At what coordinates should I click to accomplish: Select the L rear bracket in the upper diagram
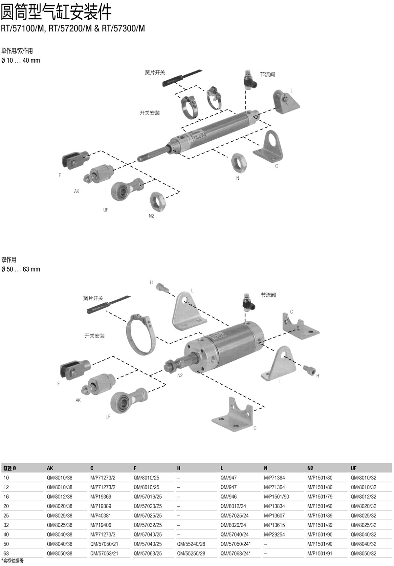click(x=286, y=102)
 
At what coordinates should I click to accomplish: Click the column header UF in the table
click(x=354, y=468)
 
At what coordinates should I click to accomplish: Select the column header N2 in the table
click(x=310, y=468)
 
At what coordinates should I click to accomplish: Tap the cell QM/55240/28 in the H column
click(x=191, y=544)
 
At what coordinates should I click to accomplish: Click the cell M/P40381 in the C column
click(x=101, y=515)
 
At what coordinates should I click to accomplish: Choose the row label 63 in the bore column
click(x=6, y=553)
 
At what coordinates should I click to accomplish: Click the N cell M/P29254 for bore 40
click(x=274, y=535)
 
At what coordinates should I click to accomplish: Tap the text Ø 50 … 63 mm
click(x=21, y=269)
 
